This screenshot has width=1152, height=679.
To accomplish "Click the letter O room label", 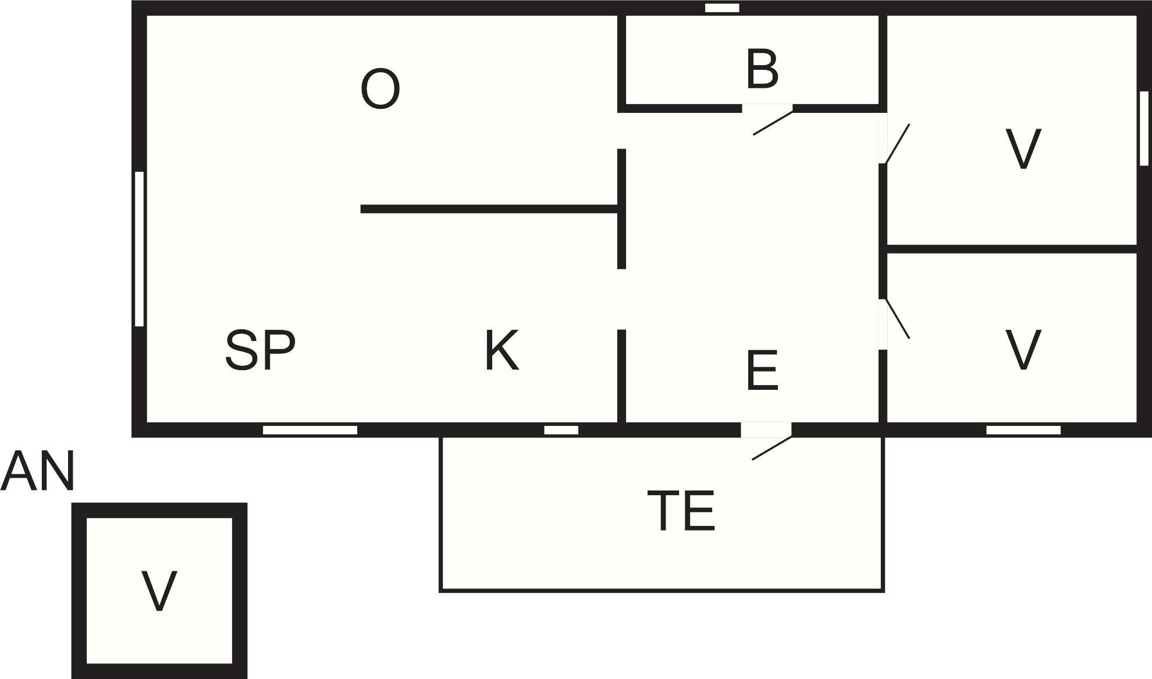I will click(x=380, y=89).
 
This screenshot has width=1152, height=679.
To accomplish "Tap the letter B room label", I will click(x=762, y=70).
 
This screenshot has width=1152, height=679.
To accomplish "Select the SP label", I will click(x=260, y=350).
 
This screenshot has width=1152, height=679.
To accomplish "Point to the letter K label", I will click(x=502, y=350).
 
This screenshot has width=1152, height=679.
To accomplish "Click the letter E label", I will click(x=762, y=371).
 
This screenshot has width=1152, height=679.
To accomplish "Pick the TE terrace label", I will click(x=681, y=511).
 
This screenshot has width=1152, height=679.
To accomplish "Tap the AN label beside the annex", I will click(x=38, y=471).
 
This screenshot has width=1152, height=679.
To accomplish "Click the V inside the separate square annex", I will click(x=159, y=591).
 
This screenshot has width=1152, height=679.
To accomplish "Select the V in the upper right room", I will click(x=1023, y=149).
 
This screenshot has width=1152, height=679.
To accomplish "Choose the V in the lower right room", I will click(x=1023, y=350).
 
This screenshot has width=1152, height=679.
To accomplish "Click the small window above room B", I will click(x=722, y=8).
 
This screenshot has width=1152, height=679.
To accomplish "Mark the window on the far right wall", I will click(x=1144, y=128).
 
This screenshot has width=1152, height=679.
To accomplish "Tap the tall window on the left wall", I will click(x=139, y=248).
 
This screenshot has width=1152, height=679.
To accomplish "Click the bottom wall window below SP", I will click(x=310, y=430).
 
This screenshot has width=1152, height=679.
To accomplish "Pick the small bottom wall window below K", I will click(x=561, y=430).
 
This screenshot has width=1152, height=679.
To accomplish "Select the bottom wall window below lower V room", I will click(x=1023, y=430).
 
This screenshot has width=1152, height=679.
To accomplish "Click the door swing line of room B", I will click(x=773, y=123).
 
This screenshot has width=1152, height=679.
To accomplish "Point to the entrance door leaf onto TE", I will click(x=771, y=448).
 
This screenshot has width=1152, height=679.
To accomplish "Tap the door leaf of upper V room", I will click(x=897, y=144).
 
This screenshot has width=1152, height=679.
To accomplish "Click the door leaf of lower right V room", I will click(x=897, y=319).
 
